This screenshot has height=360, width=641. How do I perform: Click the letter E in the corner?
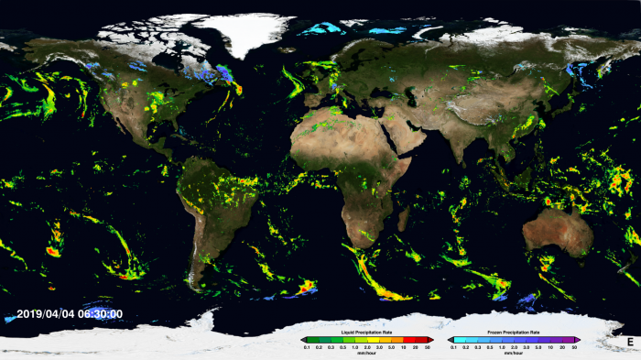pos(629,343)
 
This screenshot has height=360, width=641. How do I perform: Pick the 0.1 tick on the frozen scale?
pos(453,347)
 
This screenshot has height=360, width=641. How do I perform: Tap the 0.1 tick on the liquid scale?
pos(305,347)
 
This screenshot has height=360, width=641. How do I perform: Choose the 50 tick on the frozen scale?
pos(574,347)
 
